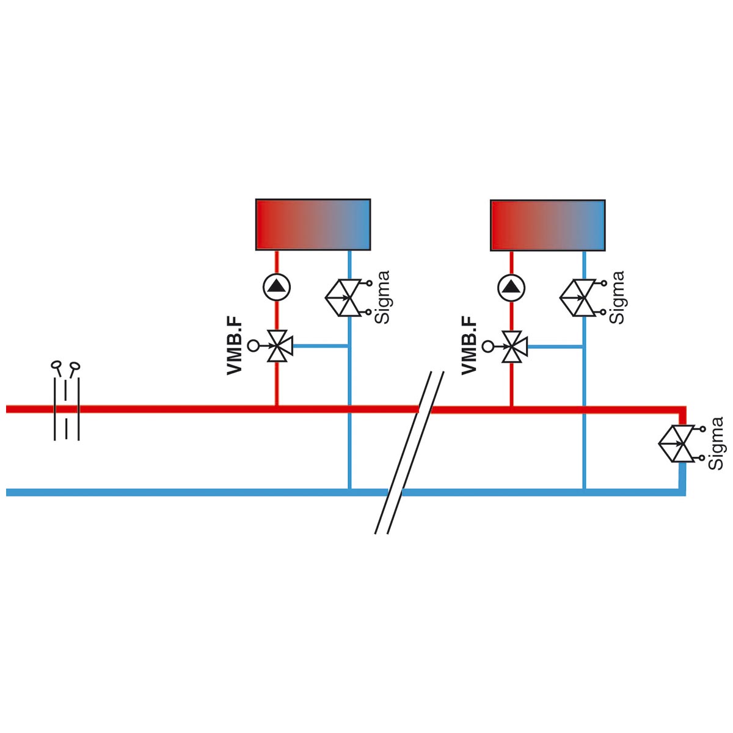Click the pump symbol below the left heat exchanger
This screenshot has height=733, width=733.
(x=277, y=287)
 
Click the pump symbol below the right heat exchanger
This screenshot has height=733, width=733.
(x=511, y=287)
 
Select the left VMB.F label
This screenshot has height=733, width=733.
(x=235, y=345)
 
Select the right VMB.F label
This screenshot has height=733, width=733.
(x=469, y=345)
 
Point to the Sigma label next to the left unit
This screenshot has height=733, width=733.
(x=382, y=297)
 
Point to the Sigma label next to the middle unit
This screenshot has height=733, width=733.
(x=617, y=297)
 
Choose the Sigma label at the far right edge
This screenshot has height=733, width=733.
(x=716, y=443)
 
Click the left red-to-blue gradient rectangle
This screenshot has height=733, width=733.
(x=313, y=225)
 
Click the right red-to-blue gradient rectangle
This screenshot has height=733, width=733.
(x=548, y=225)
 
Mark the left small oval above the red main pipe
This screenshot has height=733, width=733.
(x=56, y=365)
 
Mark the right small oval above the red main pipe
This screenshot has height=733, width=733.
(x=75, y=366)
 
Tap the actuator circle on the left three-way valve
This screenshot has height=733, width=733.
(x=252, y=346)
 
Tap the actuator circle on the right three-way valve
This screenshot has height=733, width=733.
(x=487, y=346)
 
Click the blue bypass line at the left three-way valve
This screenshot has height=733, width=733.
(x=320, y=346)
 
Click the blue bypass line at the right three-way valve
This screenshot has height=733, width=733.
(x=555, y=346)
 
